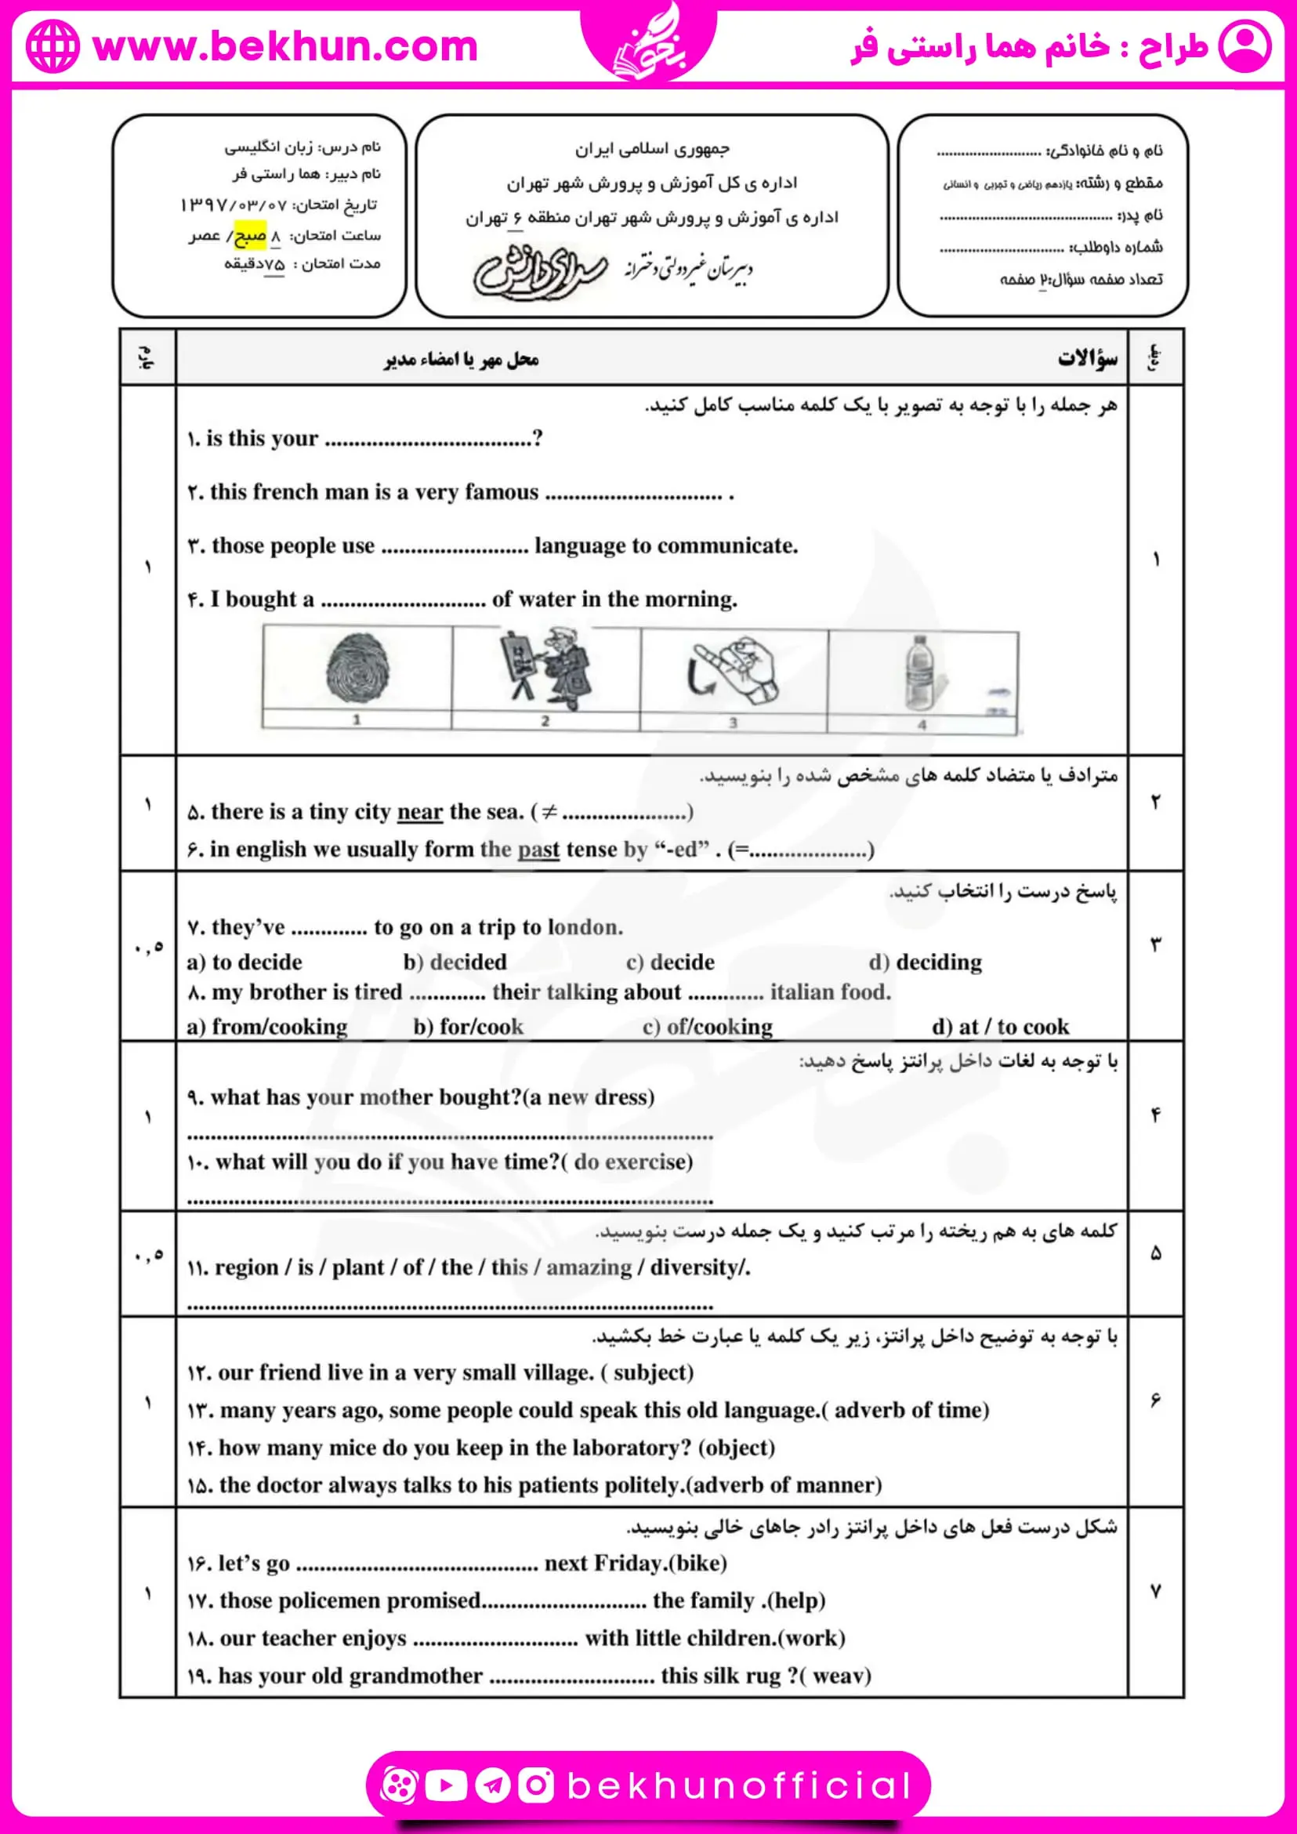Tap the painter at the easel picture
(545, 669)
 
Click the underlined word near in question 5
(419, 812)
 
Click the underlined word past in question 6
(538, 849)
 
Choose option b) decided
(455, 962)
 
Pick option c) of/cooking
(708, 1027)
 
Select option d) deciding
(926, 962)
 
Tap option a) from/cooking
(266, 1027)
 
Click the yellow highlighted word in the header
(250, 235)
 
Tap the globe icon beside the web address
(53, 46)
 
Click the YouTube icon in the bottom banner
(446, 1785)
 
